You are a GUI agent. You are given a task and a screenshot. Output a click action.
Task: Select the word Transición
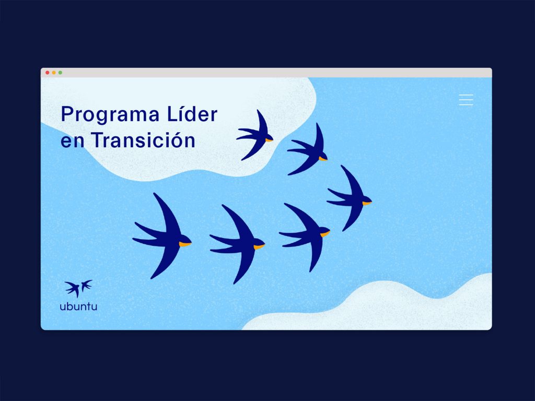click(x=143, y=139)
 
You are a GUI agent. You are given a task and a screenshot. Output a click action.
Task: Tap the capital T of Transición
click(x=98, y=140)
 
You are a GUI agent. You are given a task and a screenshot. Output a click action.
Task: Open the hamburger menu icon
click(x=466, y=100)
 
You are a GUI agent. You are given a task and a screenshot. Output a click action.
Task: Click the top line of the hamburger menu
click(x=466, y=95)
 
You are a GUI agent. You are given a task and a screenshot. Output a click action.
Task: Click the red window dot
click(x=48, y=73)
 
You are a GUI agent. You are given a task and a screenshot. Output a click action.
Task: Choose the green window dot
click(x=60, y=73)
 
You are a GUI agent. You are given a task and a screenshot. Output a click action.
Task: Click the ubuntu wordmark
click(x=78, y=306)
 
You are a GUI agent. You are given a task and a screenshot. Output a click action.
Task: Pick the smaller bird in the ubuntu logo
click(x=86, y=285)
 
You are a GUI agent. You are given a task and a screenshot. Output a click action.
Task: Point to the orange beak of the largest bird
click(x=185, y=244)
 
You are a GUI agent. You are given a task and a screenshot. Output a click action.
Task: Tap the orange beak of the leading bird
click(x=367, y=203)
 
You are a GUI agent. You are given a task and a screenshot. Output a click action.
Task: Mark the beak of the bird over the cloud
click(x=269, y=140)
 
